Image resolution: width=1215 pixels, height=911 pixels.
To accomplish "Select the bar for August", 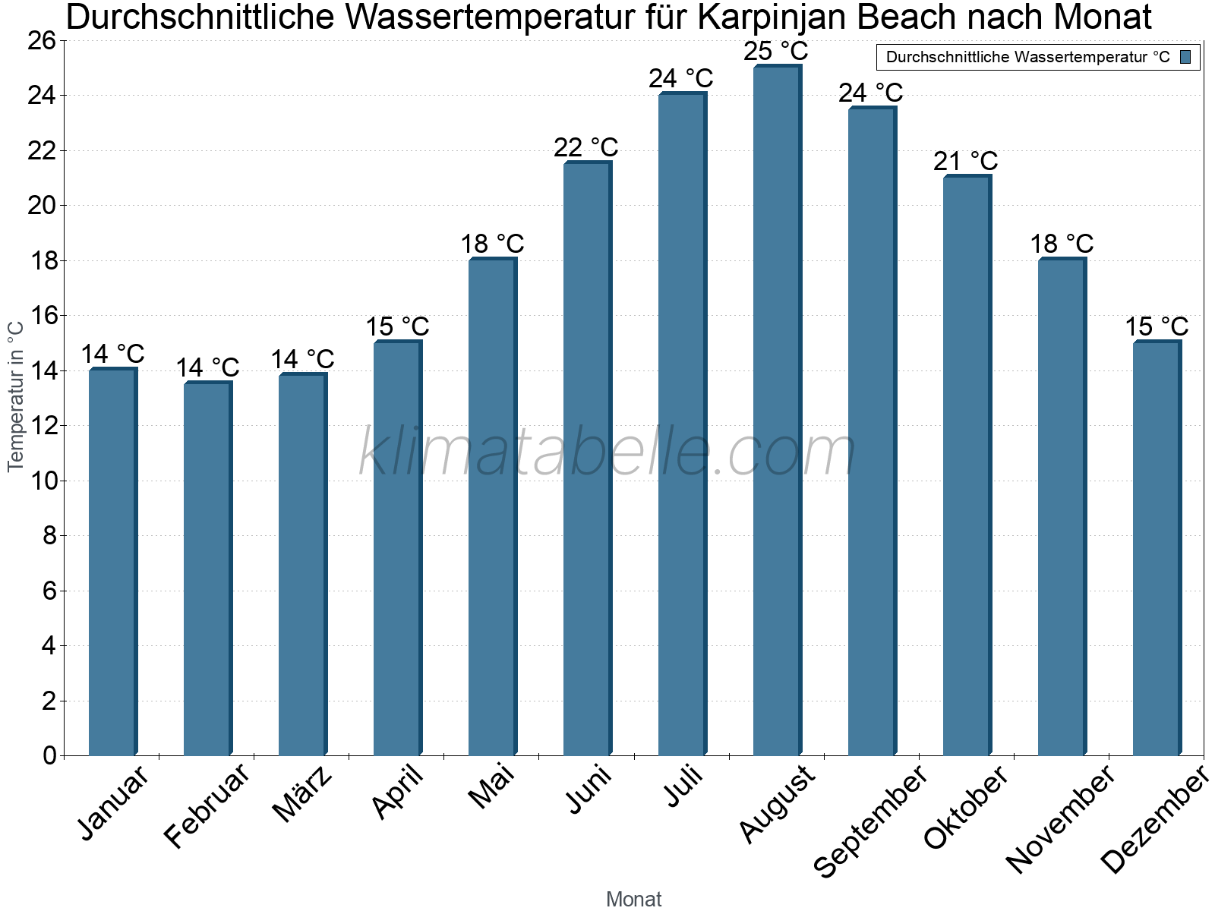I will point(777,410).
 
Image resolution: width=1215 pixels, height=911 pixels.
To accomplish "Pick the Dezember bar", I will point(1157,547).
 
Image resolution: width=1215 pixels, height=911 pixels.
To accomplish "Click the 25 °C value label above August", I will point(776,52).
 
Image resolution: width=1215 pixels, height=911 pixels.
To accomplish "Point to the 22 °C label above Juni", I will point(586,147).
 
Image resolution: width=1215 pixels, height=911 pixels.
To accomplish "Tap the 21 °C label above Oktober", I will point(966,161).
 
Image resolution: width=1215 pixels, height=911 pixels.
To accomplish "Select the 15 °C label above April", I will point(397,326).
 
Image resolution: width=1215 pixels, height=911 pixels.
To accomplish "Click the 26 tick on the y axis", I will point(43,40).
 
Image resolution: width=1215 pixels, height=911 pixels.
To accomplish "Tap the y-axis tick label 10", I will point(43,481).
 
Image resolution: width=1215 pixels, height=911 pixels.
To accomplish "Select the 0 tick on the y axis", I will point(50,755).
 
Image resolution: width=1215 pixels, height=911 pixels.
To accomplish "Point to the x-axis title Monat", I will point(634,899).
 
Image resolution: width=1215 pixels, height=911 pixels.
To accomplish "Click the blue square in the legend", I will point(1186,57).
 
